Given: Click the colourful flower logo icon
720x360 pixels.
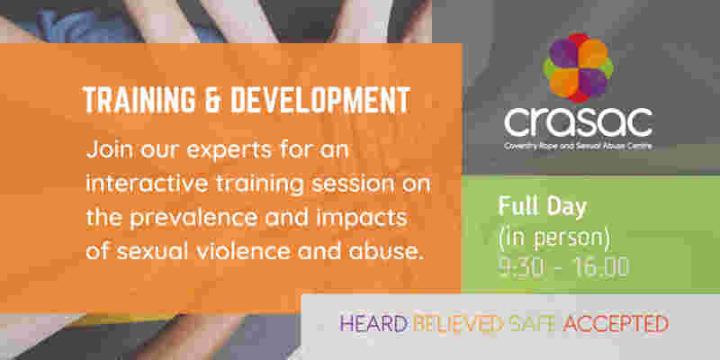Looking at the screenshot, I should click(x=579, y=67).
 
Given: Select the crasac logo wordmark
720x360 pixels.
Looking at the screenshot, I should click(x=579, y=121).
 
